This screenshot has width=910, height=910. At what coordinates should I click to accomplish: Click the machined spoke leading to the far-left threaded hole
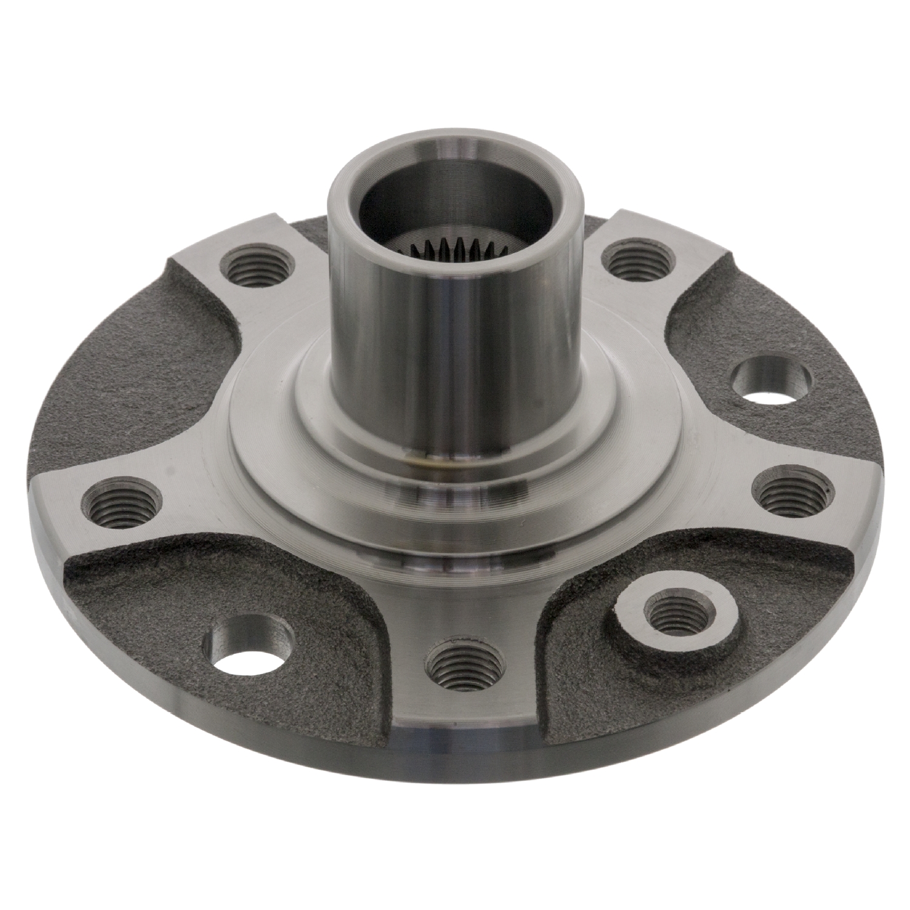(194, 504)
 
